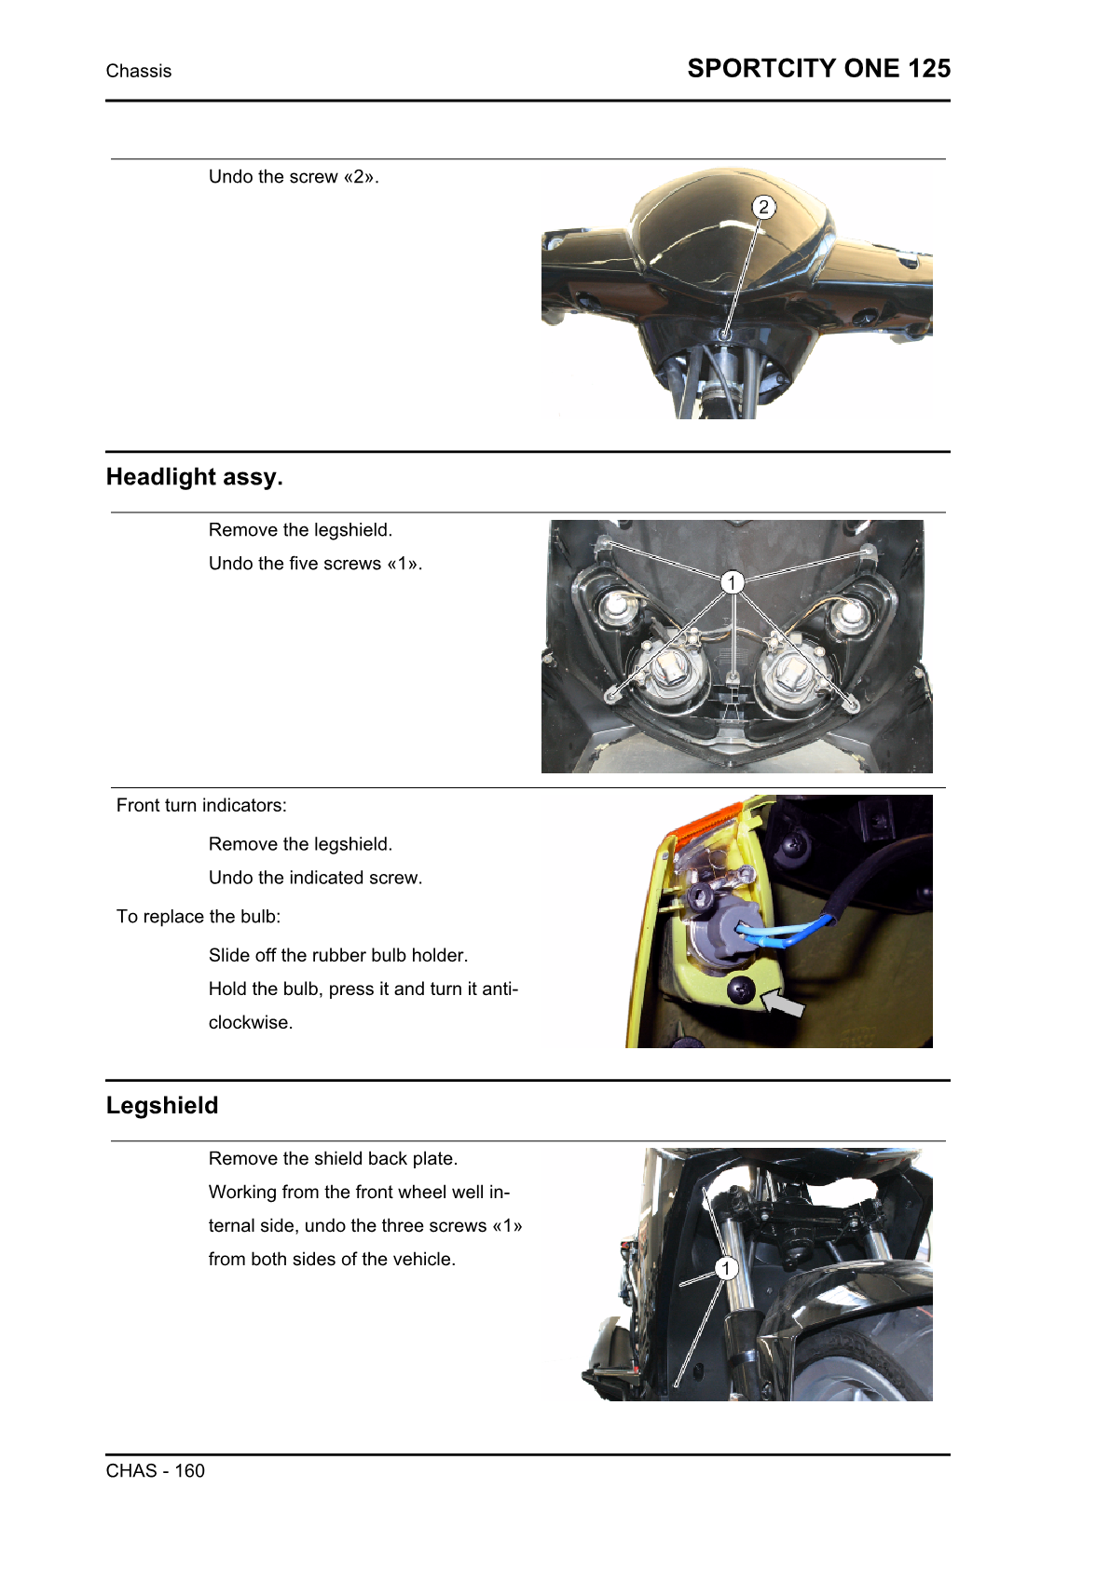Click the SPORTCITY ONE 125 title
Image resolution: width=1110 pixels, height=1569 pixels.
818,69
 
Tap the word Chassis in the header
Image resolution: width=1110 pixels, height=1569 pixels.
139,72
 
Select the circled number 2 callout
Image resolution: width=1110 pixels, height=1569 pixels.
763,207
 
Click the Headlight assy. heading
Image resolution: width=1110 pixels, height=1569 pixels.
194,477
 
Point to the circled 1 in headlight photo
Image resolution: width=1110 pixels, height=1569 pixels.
733,582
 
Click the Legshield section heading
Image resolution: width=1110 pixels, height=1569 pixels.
162,1106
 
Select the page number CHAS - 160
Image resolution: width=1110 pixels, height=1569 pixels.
156,1471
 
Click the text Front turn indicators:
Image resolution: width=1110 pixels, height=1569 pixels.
201,806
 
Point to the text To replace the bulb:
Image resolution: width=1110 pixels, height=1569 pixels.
199,917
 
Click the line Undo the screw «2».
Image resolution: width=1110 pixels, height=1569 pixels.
294,177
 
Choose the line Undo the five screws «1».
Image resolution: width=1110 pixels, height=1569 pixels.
315,564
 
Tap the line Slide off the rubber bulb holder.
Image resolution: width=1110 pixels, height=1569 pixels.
338,956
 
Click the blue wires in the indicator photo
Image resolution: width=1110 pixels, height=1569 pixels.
783,932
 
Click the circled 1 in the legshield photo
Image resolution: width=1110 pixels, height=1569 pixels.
726,1268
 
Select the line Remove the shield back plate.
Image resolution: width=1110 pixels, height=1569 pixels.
333,1159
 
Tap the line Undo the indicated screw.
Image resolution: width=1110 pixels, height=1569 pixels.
315,878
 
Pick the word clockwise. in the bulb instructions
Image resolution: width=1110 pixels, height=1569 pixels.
251,1023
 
